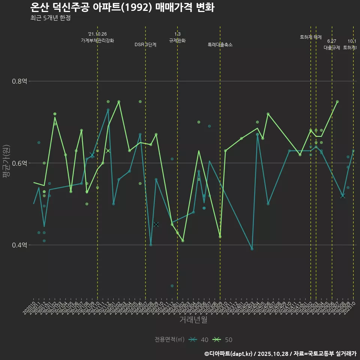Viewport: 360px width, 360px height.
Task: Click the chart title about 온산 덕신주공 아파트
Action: point(122,7)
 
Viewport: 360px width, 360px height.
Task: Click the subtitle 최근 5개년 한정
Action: point(50,18)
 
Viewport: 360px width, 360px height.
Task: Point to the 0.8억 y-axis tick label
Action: point(19,81)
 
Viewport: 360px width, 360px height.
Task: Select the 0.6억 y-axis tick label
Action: point(19,163)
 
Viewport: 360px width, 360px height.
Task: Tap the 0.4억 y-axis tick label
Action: point(19,245)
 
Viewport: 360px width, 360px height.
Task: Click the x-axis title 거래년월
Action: point(193,320)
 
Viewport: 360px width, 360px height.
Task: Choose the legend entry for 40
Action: point(199,340)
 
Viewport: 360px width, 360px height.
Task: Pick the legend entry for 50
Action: point(223,340)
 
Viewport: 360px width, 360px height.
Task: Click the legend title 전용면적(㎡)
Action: point(169,340)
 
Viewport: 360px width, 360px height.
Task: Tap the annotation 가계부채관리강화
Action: point(97,40)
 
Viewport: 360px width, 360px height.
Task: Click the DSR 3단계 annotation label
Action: point(145,45)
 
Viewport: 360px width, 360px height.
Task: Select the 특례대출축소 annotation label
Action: point(220,45)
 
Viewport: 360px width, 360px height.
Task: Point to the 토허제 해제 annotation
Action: point(311,37)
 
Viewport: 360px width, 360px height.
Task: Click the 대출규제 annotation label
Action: point(332,48)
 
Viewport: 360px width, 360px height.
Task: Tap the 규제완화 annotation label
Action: point(177,40)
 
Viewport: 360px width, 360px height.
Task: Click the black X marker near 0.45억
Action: point(156,224)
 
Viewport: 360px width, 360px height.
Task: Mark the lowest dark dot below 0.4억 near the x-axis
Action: point(172,286)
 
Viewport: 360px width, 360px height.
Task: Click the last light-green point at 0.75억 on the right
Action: point(337,102)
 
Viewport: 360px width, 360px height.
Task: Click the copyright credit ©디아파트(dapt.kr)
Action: point(229,354)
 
